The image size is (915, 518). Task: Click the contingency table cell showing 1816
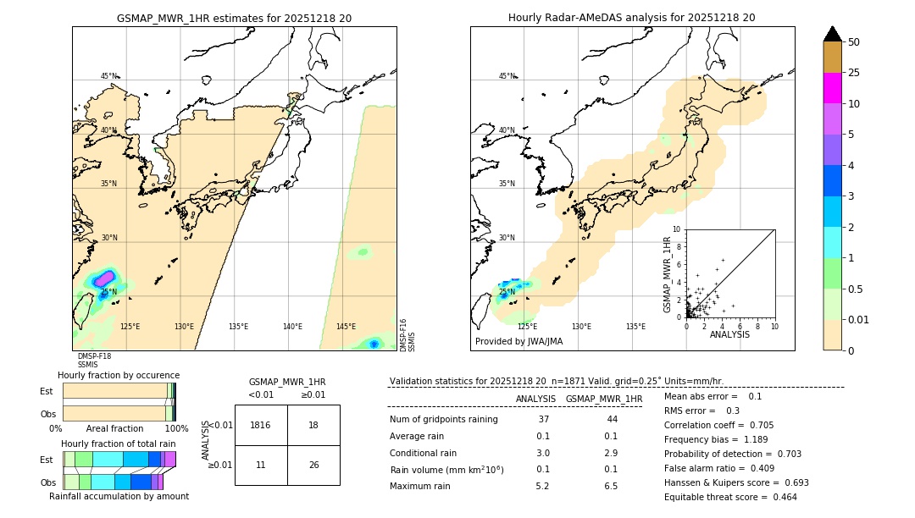[261, 425]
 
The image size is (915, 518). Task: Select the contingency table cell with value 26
[313, 465]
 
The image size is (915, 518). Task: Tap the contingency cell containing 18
[313, 425]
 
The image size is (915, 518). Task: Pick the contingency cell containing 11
[261, 465]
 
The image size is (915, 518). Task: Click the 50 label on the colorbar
[854, 42]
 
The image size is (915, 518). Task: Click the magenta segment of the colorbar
[833, 88]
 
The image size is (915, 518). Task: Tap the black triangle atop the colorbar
[833, 33]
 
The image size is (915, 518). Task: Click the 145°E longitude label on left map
[346, 327]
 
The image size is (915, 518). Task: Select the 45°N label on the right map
[507, 76]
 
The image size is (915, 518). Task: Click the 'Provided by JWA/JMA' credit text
[518, 342]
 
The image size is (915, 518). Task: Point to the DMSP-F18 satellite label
[94, 356]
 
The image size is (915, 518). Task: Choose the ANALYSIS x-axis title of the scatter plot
[729, 334]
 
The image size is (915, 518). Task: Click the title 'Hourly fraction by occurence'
[119, 375]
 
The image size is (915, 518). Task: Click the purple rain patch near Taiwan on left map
[104, 278]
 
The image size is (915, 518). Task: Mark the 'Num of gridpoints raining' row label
[443, 419]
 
